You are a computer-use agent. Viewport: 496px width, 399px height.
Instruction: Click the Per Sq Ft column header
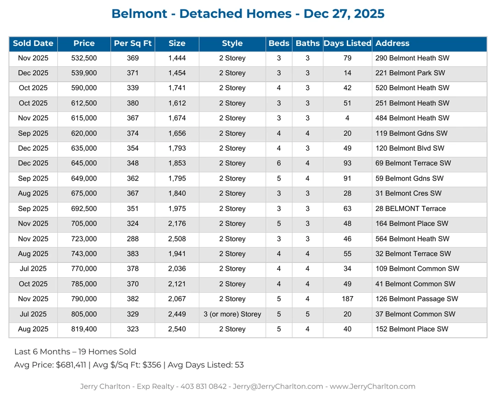[133, 44]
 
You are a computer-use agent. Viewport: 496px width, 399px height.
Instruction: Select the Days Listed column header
[347, 44]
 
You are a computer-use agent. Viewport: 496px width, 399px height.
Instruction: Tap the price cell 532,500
[84, 58]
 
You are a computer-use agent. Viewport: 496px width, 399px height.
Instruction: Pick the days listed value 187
[347, 299]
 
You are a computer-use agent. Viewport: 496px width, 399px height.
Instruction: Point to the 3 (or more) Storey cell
[232, 314]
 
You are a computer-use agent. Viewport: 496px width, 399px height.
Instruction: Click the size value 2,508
[177, 239]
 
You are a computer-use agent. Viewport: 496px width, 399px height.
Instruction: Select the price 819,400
[84, 329]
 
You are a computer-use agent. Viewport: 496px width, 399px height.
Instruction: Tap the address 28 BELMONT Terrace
[411, 209]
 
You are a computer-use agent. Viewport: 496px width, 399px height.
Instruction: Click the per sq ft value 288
[133, 239]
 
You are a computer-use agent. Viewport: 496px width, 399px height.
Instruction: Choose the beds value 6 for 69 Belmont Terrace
[279, 164]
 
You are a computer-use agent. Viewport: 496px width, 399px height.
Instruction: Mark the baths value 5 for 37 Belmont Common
[308, 314]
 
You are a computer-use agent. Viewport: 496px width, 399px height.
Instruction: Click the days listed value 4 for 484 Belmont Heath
[347, 118]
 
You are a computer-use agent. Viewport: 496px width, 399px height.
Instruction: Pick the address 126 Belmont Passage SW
[417, 299]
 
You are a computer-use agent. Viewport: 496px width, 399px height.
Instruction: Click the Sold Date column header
[33, 44]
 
